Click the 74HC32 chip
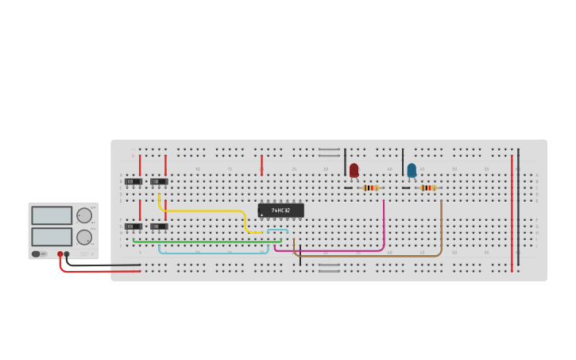click(x=280, y=211)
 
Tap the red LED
click(x=354, y=169)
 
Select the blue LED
click(x=412, y=170)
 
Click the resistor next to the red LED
click(x=369, y=188)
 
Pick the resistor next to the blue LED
click(x=427, y=188)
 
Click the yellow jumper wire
click(x=207, y=211)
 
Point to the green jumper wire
click(x=207, y=241)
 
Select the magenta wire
click(x=334, y=251)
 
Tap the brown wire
click(x=373, y=256)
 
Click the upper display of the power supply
click(x=52, y=215)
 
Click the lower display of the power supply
click(x=52, y=237)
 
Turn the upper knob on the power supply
click(x=83, y=215)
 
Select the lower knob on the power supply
click(x=83, y=237)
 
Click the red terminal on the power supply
click(x=60, y=254)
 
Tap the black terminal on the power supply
click(x=67, y=254)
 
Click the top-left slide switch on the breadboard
click(x=133, y=181)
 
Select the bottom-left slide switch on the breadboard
click(x=133, y=226)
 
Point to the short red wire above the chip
click(x=261, y=165)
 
